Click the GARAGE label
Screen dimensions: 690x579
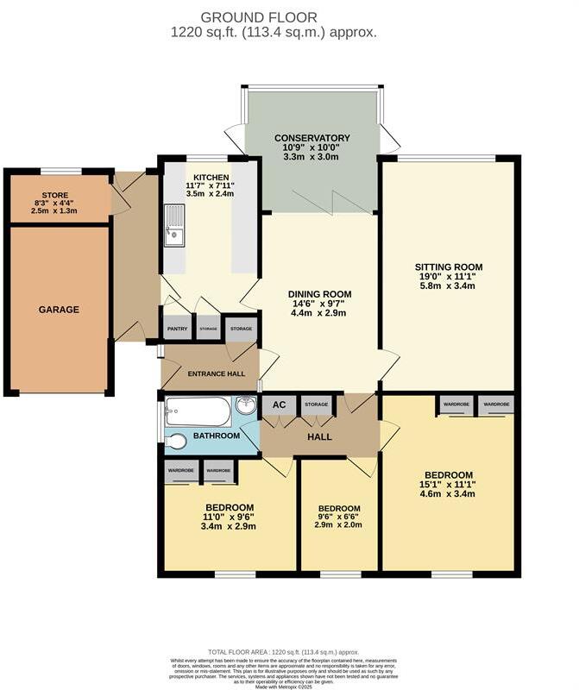tap(59, 310)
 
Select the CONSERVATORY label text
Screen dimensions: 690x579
tap(312, 138)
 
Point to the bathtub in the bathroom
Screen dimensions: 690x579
tap(198, 411)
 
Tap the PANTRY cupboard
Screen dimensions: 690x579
tap(177, 329)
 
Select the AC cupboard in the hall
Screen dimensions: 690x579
tap(279, 405)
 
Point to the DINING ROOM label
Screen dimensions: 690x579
tap(319, 294)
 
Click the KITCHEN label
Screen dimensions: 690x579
tap(211, 177)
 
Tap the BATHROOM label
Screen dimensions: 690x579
tap(216, 436)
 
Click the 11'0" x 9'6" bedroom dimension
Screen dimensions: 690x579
tap(229, 517)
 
